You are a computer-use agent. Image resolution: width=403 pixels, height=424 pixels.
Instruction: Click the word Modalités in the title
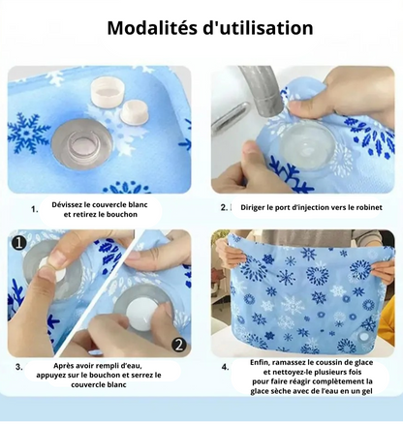(152, 28)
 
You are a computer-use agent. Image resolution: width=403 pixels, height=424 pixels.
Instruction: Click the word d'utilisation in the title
(258, 28)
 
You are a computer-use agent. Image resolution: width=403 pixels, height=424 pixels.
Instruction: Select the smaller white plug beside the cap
(134, 111)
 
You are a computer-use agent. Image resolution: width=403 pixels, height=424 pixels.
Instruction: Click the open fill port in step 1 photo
(82, 143)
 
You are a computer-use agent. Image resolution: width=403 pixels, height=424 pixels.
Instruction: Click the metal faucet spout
(263, 89)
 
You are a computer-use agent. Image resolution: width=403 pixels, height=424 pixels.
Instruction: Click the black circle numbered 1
(19, 242)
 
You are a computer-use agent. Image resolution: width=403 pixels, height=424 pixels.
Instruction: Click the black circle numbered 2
(179, 345)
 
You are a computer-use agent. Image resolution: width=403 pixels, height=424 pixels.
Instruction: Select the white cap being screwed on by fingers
(139, 314)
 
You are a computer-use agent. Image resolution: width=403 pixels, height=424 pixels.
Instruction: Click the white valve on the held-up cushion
(364, 338)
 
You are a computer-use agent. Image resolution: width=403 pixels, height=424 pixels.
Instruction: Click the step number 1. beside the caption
(35, 209)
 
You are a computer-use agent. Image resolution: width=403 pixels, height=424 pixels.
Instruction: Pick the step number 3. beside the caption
(19, 367)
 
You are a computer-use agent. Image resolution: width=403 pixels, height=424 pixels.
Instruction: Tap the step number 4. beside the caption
(226, 367)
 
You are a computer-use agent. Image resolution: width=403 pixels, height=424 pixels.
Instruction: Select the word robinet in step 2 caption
(369, 207)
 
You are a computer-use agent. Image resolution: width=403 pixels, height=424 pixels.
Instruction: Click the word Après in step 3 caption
(64, 366)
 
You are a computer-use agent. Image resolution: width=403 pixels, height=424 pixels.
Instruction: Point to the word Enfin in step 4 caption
(259, 362)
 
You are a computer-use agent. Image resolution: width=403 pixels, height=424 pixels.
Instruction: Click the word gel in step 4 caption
(367, 391)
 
